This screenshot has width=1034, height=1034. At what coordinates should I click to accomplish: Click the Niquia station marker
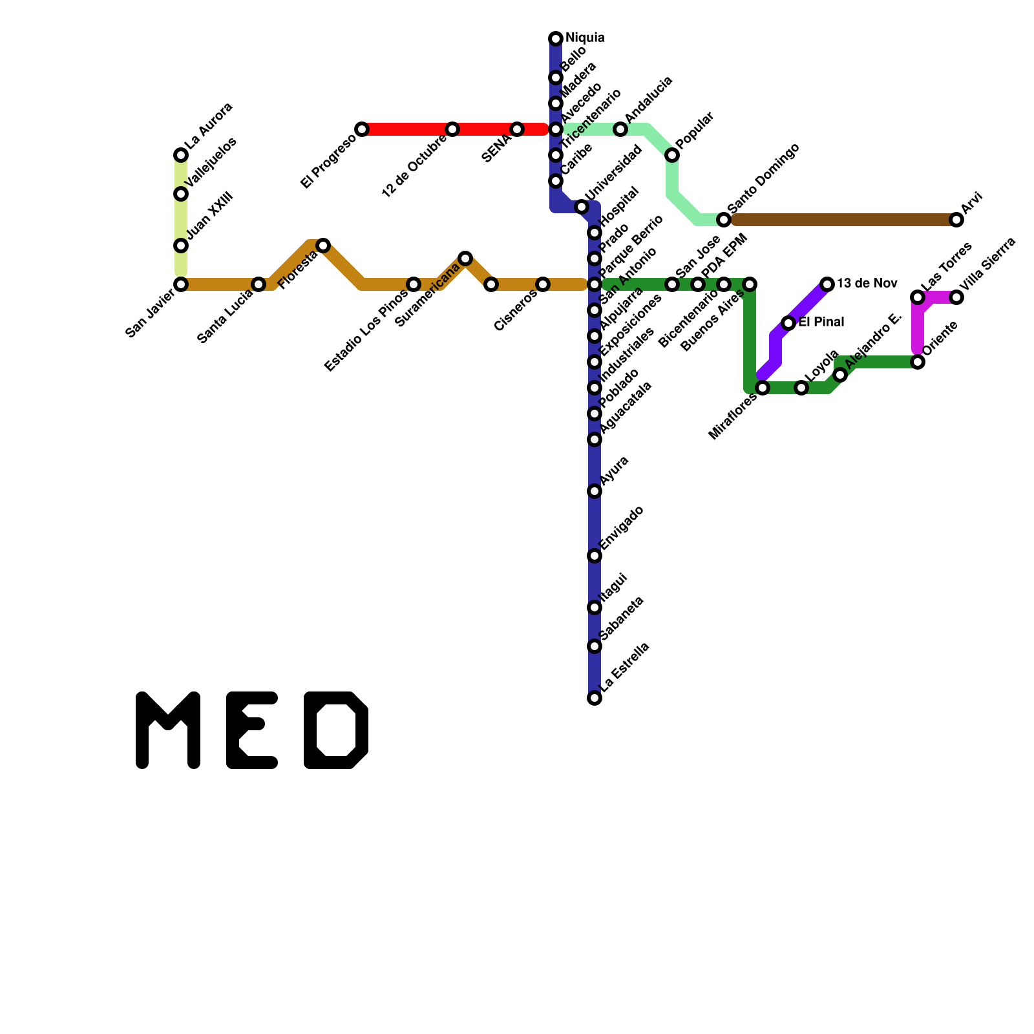[x=556, y=39]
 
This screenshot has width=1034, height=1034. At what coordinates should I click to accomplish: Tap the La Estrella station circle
[x=595, y=698]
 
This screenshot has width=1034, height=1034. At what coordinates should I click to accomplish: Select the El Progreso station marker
[x=362, y=129]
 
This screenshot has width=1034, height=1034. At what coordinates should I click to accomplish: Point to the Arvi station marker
[x=956, y=220]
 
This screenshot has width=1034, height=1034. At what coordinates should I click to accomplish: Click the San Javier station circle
[x=181, y=284]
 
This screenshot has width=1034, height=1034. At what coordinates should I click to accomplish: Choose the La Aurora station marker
[x=181, y=155]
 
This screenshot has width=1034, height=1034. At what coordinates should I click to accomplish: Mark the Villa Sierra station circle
[x=956, y=297]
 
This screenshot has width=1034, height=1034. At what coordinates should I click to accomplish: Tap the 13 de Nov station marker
[x=827, y=284]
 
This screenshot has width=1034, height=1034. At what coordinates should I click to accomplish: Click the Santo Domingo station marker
[x=724, y=220]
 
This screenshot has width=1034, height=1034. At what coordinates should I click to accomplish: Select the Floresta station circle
[x=323, y=246]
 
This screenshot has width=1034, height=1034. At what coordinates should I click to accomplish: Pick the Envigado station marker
[x=595, y=556]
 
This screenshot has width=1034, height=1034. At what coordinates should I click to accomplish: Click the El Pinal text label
[x=821, y=322]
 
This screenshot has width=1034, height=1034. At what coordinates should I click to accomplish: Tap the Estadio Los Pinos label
[x=366, y=330]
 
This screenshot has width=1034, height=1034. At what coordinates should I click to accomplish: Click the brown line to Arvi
[x=840, y=220]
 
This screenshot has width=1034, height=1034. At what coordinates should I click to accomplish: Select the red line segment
[x=407, y=129]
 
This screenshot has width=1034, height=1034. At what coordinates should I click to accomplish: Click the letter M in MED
[x=168, y=730]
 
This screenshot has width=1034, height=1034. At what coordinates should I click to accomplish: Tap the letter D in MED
[x=336, y=730]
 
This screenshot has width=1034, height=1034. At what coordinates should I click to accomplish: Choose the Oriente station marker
[x=918, y=362]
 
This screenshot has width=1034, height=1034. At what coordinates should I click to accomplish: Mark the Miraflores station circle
[x=763, y=388]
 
